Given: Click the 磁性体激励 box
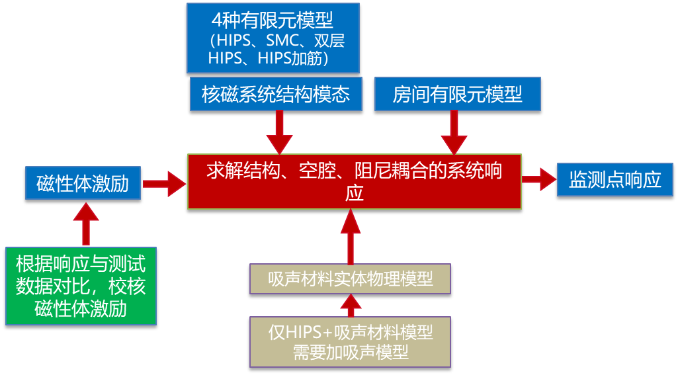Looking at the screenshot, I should pos(83,183).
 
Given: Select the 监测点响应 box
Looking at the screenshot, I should pos(615,179).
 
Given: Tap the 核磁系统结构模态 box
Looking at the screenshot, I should pos(276,94).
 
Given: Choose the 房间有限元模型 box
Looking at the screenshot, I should pos(458,94).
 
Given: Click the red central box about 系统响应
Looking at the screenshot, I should pos(355,181).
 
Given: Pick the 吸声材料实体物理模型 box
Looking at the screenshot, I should pos(351,278).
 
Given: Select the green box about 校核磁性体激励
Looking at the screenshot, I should pos(81,286).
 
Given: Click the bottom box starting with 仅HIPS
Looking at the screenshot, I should pos(351,341).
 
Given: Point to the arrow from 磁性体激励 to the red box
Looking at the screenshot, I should pos(164,183).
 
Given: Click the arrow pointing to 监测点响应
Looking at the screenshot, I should pos(538,179).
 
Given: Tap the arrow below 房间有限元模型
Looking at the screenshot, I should pos(454,132).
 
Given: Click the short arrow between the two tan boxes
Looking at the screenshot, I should pos(351,305).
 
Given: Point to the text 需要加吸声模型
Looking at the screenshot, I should pos(351,353).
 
